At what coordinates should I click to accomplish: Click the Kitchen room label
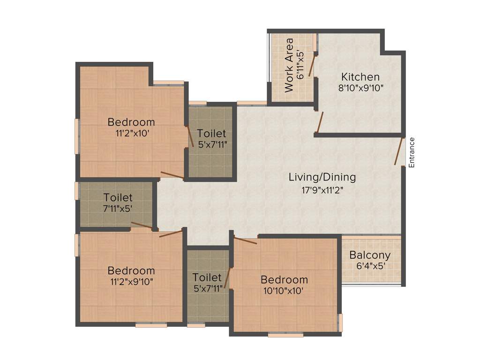coord(360,77)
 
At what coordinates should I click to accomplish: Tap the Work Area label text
coord(289,65)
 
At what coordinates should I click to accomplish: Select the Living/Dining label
coord(322,178)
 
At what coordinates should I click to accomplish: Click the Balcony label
coord(370,255)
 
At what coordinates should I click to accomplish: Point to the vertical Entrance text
coord(412,152)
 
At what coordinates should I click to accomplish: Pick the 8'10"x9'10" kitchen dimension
coord(360,88)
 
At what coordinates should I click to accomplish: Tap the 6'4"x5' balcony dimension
coord(370,266)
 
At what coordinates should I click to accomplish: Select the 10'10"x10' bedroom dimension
coord(284,291)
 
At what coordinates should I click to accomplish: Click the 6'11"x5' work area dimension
coord(301,64)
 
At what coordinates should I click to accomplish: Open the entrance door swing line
coord(399,151)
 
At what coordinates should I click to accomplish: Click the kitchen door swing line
coord(320,122)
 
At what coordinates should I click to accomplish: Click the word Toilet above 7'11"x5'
coord(118,198)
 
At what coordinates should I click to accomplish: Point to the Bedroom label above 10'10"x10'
coord(284,280)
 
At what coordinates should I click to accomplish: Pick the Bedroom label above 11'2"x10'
coord(131,122)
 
